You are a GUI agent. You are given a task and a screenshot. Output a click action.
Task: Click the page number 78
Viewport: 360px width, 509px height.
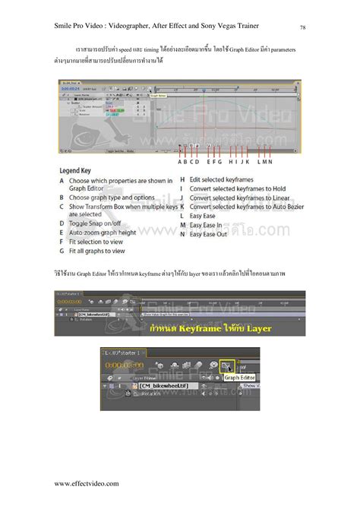[303, 28]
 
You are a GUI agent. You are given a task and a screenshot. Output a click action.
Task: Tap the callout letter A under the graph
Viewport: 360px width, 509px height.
[180, 161]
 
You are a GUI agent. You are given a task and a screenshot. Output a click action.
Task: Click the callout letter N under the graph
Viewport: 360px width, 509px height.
[269, 161]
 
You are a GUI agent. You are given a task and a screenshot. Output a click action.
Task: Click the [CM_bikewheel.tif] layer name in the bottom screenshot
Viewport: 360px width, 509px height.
[166, 387]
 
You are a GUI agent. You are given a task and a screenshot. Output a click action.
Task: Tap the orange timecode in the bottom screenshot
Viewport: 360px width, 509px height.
[126, 365]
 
